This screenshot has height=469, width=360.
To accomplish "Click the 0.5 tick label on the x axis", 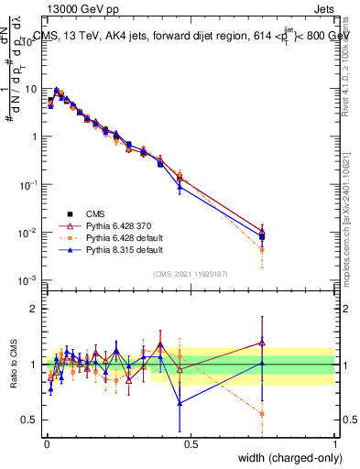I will pos(190,443).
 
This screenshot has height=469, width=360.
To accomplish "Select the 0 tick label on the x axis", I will pos(46,443).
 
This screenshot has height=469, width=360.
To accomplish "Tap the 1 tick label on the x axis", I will pos(334,443).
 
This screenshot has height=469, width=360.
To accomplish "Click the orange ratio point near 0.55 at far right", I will pos(262,414).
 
